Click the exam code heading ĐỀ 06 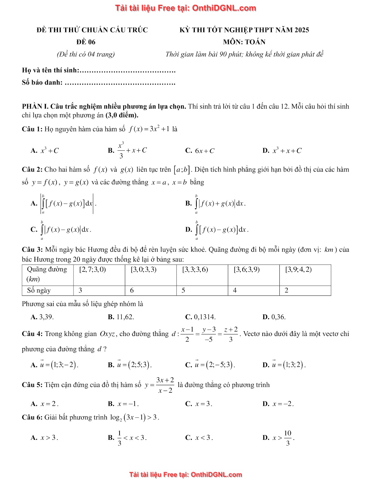click(86, 42)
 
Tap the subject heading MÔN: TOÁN click(244, 42)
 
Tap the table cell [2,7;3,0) click(92, 269)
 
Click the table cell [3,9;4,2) click(298, 269)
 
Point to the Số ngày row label click(39, 290)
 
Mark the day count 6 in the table click(132, 290)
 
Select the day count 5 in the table click(183, 290)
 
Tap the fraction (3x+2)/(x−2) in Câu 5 click(165, 385)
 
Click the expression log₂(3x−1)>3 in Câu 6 click(134, 417)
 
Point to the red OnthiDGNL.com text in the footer click(216, 475)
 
